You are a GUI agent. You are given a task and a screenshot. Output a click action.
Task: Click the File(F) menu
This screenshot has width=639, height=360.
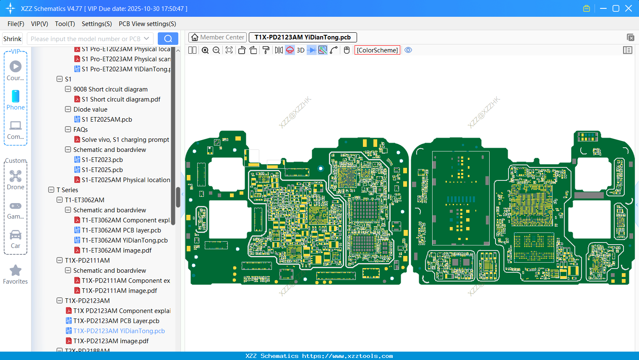(16, 24)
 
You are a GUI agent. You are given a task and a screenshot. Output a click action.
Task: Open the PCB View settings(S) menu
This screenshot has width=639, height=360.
(147, 24)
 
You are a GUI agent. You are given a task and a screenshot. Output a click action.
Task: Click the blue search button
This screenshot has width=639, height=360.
(168, 39)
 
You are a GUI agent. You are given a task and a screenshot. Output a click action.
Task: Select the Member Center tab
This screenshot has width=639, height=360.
(217, 37)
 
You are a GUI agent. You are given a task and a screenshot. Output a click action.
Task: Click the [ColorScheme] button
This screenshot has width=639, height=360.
(377, 50)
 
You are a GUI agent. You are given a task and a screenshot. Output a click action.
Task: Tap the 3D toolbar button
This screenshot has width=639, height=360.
(300, 50)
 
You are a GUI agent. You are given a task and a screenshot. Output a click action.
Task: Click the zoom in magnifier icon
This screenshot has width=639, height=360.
(205, 50)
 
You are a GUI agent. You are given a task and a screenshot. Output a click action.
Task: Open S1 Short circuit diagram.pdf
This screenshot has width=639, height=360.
(120, 99)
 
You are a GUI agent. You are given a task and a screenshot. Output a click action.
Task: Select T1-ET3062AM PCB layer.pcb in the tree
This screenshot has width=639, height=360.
(121, 230)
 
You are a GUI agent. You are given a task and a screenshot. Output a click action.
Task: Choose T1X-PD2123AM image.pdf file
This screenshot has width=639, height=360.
(111, 341)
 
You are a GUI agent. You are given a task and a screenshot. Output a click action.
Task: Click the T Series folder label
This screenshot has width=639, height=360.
(67, 190)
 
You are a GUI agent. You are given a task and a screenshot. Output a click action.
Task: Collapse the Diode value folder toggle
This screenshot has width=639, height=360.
(68, 110)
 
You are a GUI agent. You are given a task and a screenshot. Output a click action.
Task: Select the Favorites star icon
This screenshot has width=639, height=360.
(16, 271)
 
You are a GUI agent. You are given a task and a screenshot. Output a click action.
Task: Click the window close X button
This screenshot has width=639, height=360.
(628, 8)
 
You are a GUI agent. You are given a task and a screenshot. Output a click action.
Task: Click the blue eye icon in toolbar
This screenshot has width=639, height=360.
(408, 50)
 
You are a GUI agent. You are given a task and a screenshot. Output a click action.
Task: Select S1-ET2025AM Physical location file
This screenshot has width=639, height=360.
(125, 180)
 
